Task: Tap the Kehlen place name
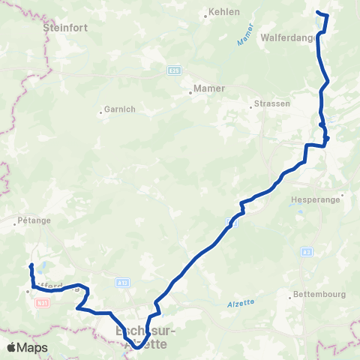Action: (223, 12)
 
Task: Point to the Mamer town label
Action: (209, 88)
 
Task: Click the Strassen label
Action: (271, 103)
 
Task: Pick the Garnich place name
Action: (120, 109)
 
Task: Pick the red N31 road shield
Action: (43, 302)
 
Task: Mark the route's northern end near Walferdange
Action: (318, 13)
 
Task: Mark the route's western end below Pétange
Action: (31, 266)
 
